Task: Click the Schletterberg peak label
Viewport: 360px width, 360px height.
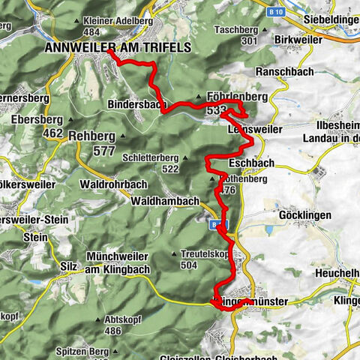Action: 151,158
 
